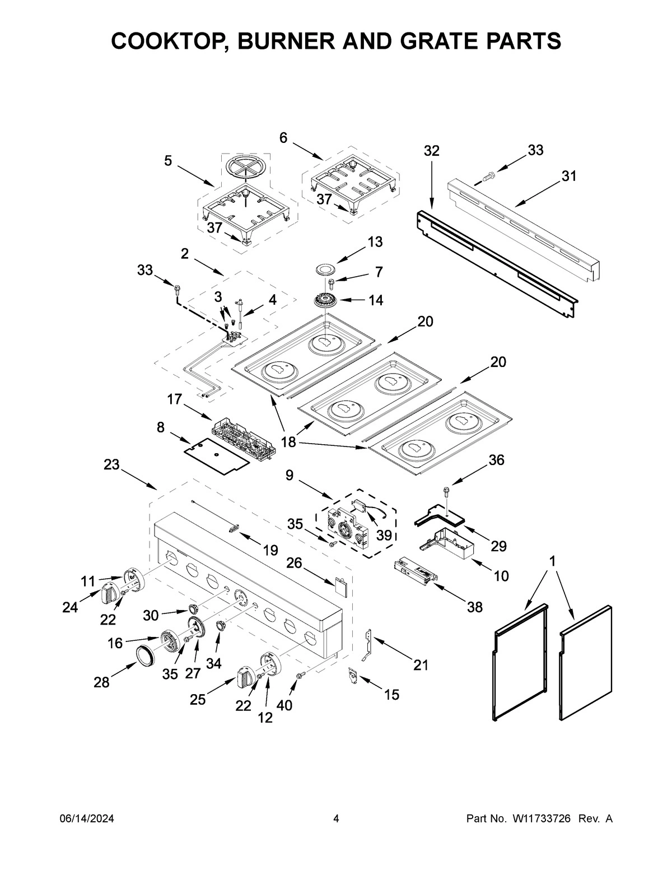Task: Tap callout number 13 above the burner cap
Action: tap(375, 242)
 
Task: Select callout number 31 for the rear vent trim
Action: tap(569, 176)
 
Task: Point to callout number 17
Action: tap(174, 399)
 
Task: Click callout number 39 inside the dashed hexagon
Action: tap(384, 535)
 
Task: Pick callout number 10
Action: tap(501, 575)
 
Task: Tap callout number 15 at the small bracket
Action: tap(391, 695)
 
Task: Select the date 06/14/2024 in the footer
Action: tap(87, 818)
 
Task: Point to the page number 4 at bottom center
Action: tap(336, 818)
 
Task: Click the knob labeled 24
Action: tap(109, 593)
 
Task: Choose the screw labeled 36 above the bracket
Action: tap(446, 491)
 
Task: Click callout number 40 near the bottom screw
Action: tap(284, 705)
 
